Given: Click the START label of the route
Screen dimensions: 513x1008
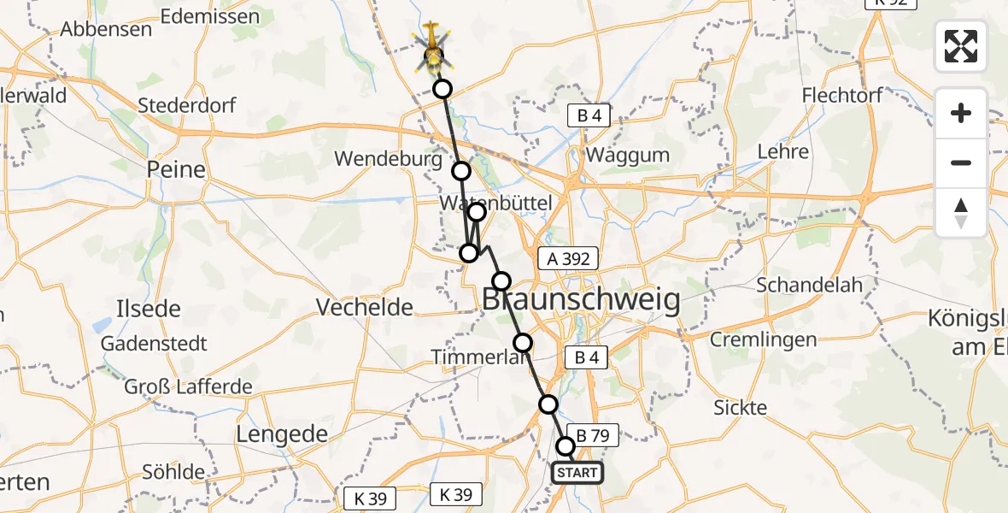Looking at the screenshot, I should click(x=577, y=473).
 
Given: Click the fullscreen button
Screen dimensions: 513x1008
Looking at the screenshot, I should click(x=961, y=46).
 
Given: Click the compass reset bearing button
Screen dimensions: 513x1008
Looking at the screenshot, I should click(x=961, y=212).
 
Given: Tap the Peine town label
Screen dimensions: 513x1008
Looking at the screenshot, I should click(x=176, y=169).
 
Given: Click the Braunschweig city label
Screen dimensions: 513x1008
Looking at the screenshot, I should click(x=582, y=301).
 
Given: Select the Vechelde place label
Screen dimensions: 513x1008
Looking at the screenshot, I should click(x=365, y=307).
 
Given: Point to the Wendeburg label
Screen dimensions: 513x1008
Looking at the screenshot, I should click(x=388, y=159).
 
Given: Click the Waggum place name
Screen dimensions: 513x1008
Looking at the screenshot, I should click(x=628, y=156).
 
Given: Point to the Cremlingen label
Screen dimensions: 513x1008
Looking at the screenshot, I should click(x=764, y=339).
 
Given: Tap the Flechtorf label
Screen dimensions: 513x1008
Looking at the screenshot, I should click(x=842, y=95).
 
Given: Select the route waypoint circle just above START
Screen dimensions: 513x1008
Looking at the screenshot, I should click(x=566, y=445).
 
